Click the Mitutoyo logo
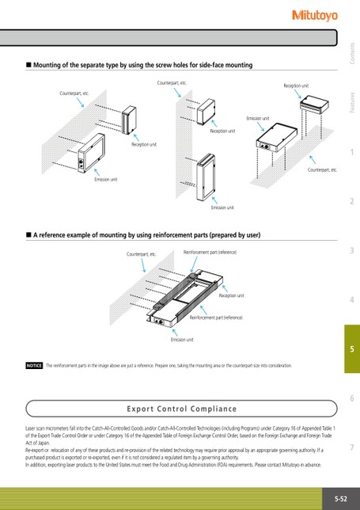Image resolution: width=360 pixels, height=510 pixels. [x=315, y=15]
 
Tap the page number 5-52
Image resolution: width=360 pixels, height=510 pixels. [x=341, y=499]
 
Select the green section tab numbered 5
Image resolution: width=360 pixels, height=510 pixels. [x=352, y=348]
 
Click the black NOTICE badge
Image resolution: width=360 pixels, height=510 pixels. [x=34, y=366]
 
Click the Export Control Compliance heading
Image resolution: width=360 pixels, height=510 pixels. [x=182, y=409]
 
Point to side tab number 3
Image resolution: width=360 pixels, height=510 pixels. [x=352, y=250]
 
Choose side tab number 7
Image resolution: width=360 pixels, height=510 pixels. [x=352, y=447]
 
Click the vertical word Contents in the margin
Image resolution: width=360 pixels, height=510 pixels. [x=352, y=53]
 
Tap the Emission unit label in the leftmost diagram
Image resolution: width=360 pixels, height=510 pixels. [x=106, y=179]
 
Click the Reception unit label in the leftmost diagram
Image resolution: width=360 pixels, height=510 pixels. [x=144, y=144]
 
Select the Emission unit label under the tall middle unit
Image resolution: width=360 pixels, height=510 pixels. [x=222, y=207]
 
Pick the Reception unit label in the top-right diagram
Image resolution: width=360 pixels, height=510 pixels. [x=296, y=86]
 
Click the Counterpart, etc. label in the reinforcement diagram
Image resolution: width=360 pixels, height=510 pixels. [x=141, y=254]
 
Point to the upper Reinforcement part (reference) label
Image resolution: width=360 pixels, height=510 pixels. [x=210, y=252]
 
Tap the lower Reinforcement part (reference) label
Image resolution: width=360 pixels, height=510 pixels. [x=216, y=318]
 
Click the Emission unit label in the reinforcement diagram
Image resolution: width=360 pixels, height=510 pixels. [x=182, y=340]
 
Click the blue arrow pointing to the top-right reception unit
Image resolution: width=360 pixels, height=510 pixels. [x=298, y=94]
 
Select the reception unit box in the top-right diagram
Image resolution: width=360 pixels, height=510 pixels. [x=314, y=105]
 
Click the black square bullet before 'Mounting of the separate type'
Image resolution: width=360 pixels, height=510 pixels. [x=28, y=65]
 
